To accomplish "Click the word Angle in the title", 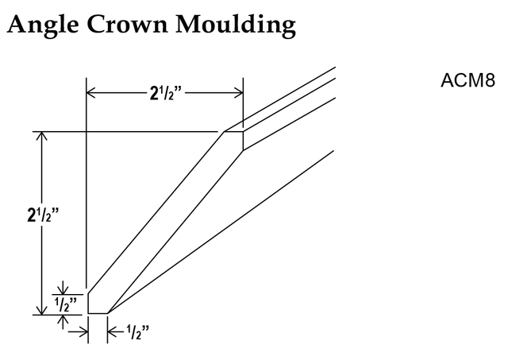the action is pos(42,25).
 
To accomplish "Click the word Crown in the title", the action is pos(127,24).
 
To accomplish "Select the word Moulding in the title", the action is pos(236,25).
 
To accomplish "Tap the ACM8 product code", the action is pos(468,80).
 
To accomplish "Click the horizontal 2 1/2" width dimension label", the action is pos(166,94).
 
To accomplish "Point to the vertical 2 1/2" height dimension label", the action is pos(43,215).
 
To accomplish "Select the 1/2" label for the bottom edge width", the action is pos(138,332).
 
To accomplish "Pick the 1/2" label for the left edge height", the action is pos(66,304).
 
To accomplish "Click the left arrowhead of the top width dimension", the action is pos(91,93).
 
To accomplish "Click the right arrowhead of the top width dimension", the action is pos(238,93).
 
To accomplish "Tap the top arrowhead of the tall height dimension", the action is pos(41,136).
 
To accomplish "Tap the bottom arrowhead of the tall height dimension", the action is pos(41,310).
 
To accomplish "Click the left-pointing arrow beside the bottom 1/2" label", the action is pos(116,332).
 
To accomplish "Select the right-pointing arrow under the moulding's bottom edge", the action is pos(78,332).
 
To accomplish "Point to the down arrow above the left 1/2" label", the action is pos(63,288).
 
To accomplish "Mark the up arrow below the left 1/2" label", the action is pos(63,322).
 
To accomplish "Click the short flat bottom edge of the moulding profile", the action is pos(98,313).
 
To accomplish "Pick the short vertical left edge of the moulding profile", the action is pos(88,304).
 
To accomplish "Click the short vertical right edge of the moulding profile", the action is pos(244,141).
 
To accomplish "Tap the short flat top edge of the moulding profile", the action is pos(233,131).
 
